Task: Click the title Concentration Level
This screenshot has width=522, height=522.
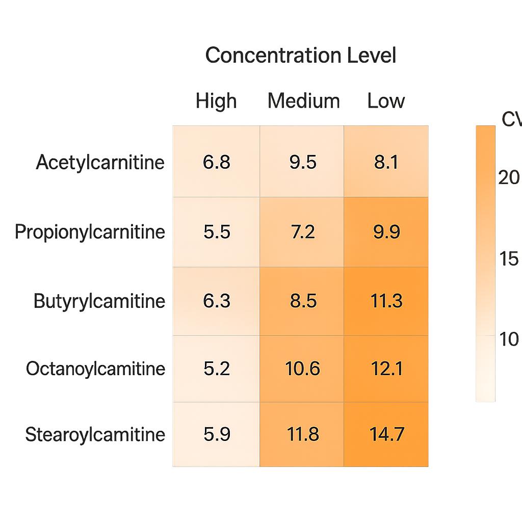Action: (x=300, y=55)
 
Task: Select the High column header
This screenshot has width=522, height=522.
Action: (x=216, y=101)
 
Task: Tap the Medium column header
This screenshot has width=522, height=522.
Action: (x=303, y=101)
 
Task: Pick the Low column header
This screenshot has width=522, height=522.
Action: (x=386, y=101)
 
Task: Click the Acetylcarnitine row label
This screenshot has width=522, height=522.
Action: (x=100, y=163)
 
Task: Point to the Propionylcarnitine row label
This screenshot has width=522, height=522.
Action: (x=90, y=232)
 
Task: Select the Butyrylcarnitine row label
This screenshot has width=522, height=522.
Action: (x=99, y=301)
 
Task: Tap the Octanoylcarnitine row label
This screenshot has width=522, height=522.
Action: (x=95, y=369)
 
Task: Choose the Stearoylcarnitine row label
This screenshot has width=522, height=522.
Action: (x=95, y=435)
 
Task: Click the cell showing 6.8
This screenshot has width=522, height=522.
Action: (x=216, y=163)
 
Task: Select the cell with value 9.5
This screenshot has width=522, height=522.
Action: (x=302, y=163)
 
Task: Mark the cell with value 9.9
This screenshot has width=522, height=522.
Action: (x=386, y=232)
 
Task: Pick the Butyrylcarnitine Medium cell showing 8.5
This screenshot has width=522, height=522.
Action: (x=302, y=301)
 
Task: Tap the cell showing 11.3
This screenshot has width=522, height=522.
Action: (x=386, y=301)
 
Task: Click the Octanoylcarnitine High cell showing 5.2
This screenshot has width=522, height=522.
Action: (x=216, y=369)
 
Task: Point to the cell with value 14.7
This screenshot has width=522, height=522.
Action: (x=386, y=435)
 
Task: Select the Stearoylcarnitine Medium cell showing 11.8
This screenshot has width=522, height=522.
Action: (x=302, y=435)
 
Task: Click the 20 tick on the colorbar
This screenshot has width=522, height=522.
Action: (x=509, y=177)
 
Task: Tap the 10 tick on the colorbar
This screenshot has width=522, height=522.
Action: (x=509, y=339)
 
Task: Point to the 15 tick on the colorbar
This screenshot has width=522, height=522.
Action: (x=509, y=259)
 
